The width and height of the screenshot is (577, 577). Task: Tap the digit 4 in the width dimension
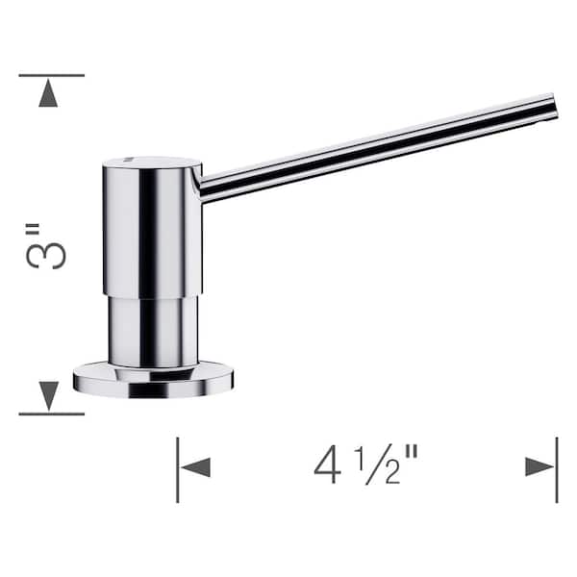tap(326, 466)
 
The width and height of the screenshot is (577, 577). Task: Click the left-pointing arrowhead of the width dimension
tap(196, 467)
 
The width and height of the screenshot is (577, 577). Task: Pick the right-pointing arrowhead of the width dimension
tap(539, 467)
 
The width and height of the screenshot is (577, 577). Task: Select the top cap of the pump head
tap(152, 164)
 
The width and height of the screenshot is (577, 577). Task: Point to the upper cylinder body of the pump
tap(152, 231)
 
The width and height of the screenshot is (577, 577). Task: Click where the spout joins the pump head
tap(203, 183)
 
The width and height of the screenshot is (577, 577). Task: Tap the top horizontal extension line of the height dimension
tap(51, 75)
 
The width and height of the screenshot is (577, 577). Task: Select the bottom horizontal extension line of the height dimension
tap(51, 414)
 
